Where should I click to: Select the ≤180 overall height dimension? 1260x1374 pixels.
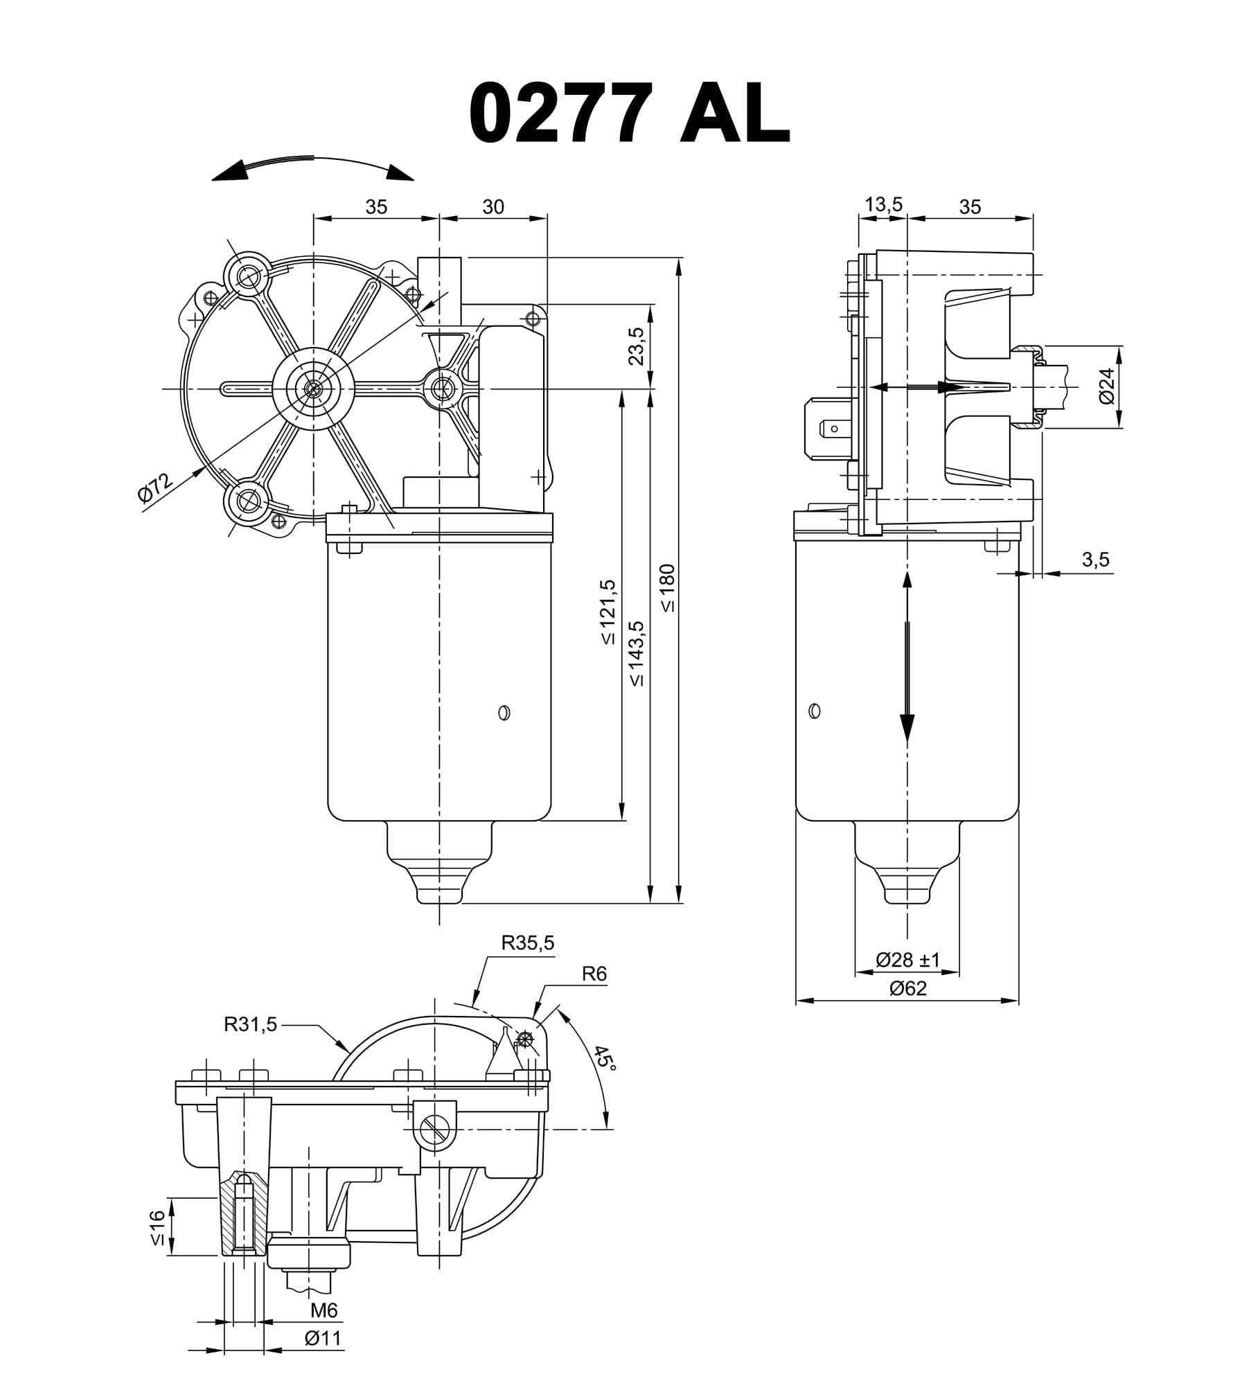668,588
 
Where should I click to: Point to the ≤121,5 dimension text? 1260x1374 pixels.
608,612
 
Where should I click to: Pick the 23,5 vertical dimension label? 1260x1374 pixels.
637,346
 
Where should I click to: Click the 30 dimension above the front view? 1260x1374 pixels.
493,206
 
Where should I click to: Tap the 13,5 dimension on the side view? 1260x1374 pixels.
884,204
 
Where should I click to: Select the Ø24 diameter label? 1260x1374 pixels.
1106,386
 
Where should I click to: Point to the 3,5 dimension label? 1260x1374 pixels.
1096,560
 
